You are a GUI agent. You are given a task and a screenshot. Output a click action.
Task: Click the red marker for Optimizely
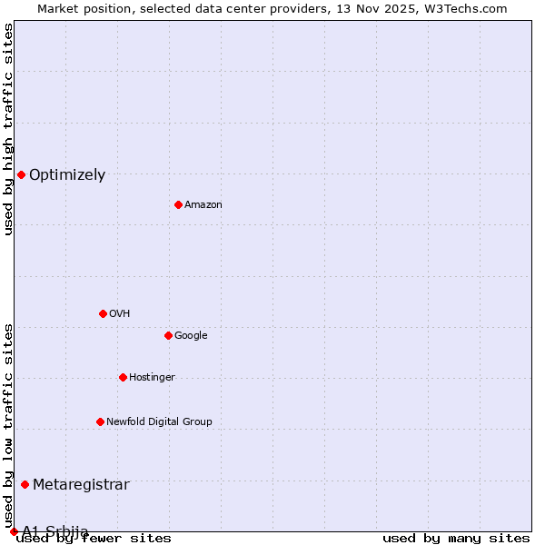click(x=21, y=174)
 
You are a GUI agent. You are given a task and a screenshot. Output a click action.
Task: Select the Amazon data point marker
click(x=178, y=204)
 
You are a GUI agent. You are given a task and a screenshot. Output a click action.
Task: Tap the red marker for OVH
click(x=103, y=313)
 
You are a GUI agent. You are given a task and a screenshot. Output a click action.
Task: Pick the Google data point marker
click(x=168, y=335)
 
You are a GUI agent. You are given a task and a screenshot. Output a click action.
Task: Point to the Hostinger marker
click(x=123, y=377)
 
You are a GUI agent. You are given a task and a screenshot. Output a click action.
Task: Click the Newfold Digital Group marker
click(x=100, y=421)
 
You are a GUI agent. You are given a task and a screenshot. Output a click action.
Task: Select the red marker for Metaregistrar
click(x=25, y=484)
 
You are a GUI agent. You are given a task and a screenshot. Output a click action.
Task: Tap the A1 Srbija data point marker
click(x=14, y=531)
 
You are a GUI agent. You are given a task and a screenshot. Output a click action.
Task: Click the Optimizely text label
click(x=67, y=175)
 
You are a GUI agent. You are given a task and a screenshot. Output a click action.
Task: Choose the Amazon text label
click(x=203, y=205)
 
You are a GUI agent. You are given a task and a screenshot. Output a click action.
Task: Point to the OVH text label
click(x=120, y=314)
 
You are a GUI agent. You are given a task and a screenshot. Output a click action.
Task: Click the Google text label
click(x=191, y=336)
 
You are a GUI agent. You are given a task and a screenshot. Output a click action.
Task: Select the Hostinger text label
click(x=152, y=378)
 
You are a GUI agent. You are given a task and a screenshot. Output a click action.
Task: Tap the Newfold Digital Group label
click(x=159, y=422)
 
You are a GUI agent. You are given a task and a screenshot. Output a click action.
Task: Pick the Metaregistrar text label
click(x=81, y=485)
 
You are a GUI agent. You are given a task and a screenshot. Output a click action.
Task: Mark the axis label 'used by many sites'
click(x=456, y=539)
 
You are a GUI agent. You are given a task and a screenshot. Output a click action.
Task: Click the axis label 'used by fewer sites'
click(x=94, y=539)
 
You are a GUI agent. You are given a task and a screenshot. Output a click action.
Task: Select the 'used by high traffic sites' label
click(x=9, y=129)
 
